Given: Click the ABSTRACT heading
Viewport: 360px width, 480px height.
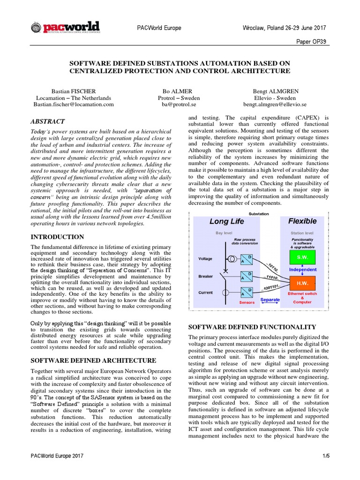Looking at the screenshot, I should point(48,121).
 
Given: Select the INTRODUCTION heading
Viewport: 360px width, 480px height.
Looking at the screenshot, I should point(57,237).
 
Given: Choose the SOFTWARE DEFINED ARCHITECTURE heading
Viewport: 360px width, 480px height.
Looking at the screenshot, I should point(93,360).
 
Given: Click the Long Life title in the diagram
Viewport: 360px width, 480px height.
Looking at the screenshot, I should point(226,221).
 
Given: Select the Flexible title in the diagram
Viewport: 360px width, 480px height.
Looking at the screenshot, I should point(302,221).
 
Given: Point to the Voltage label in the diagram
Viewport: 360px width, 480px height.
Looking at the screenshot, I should point(205,258).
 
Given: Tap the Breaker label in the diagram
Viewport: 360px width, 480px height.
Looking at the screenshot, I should point(206,276).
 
